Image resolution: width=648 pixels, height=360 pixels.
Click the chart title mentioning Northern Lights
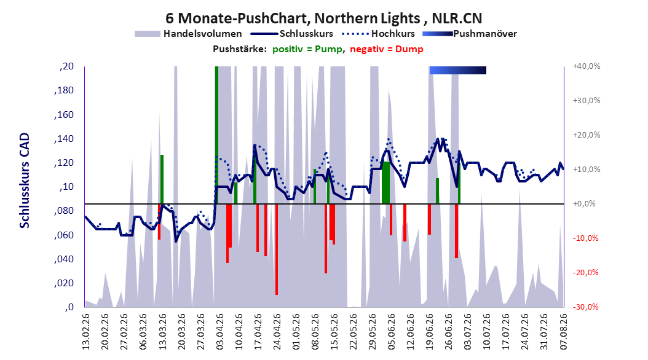[x=323, y=18]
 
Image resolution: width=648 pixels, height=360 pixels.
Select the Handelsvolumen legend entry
[x=189, y=34]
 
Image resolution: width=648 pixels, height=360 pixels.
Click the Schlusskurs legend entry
[x=292, y=34]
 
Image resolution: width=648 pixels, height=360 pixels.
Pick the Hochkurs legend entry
[x=379, y=34]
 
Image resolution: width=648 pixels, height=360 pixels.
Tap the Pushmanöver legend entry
[x=470, y=34]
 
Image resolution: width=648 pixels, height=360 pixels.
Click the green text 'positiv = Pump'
[x=307, y=49]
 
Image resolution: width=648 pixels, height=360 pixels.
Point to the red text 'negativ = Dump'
[x=387, y=49]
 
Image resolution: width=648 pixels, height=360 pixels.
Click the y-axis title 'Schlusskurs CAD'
[x=25, y=180]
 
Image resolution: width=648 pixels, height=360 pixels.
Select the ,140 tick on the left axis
[x=64, y=139]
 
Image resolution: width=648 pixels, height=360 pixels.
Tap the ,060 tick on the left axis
[x=64, y=235]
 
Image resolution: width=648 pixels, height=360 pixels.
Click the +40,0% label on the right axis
[x=587, y=66]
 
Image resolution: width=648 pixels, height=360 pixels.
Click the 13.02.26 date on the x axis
[x=86, y=332]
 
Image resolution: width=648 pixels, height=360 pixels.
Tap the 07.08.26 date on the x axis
[x=564, y=332]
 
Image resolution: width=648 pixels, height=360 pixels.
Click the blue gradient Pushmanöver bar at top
[x=458, y=70]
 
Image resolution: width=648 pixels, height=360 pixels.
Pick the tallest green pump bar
[x=216, y=135]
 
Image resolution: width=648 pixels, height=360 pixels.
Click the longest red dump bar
[x=277, y=249]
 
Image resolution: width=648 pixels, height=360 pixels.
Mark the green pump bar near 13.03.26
[x=162, y=179]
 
